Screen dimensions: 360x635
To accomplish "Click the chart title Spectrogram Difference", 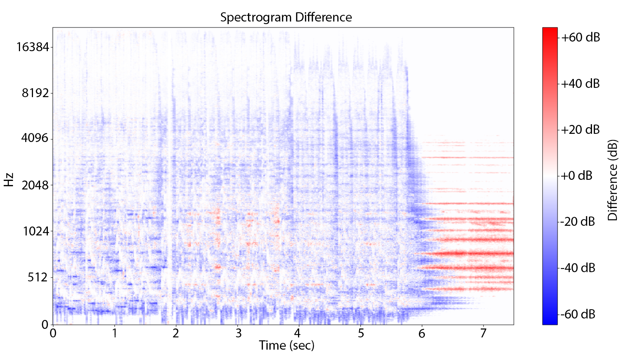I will (x=286, y=17).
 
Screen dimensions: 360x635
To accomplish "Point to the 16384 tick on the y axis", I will (x=32, y=47).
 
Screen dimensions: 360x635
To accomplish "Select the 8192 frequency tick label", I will (x=35, y=93).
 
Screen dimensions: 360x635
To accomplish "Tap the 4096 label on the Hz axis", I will (x=35, y=138).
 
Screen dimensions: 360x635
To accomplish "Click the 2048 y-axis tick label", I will (x=35, y=185).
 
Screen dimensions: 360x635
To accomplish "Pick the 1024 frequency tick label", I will (x=36, y=231).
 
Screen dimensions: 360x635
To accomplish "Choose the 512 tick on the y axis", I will (x=38, y=277).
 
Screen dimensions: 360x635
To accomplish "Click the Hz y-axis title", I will (x=9, y=180).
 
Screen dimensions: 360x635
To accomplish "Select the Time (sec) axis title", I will (x=287, y=346).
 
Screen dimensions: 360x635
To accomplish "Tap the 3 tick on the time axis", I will (x=238, y=333).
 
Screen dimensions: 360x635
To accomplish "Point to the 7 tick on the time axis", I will (x=483, y=333).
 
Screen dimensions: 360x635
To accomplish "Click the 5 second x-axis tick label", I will (x=361, y=333).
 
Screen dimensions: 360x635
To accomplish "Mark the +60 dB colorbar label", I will (x=580, y=37).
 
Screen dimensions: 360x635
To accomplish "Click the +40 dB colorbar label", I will (x=580, y=84).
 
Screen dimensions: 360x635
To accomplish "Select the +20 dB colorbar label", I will (x=580, y=130).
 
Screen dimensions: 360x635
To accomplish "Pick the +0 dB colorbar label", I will (x=576, y=176).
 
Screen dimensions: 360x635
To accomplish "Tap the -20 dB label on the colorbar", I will (x=578, y=222).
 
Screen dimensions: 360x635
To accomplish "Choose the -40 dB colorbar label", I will (x=578, y=268).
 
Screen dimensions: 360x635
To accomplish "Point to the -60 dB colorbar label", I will (x=578, y=314).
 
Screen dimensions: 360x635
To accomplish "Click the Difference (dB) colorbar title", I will (x=613, y=180).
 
